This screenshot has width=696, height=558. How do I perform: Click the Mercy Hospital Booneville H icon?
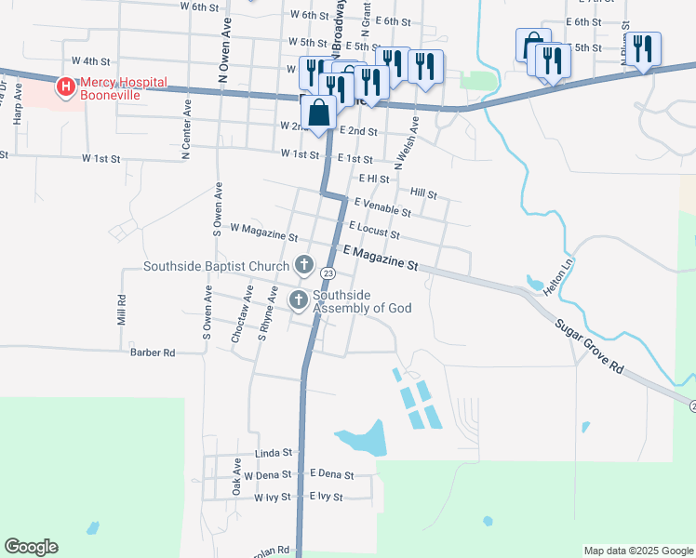66,88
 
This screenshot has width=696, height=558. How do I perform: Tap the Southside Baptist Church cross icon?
303,266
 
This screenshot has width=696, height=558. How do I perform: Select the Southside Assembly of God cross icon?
299,299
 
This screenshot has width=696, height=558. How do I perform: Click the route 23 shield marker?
328,273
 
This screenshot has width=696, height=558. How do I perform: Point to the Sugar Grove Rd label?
588,345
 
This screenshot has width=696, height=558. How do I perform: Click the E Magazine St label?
380,258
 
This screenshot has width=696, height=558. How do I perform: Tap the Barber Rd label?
153,352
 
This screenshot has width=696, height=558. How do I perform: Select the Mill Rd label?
121,310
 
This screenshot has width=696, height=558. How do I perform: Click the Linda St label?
274,453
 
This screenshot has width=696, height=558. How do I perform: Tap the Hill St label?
423,194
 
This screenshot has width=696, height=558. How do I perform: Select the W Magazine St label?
262,232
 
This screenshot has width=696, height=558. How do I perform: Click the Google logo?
31,547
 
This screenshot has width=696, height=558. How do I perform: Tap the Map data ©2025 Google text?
637,551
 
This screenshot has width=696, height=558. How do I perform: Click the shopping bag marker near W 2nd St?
318,113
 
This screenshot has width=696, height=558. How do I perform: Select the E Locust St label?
374,230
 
